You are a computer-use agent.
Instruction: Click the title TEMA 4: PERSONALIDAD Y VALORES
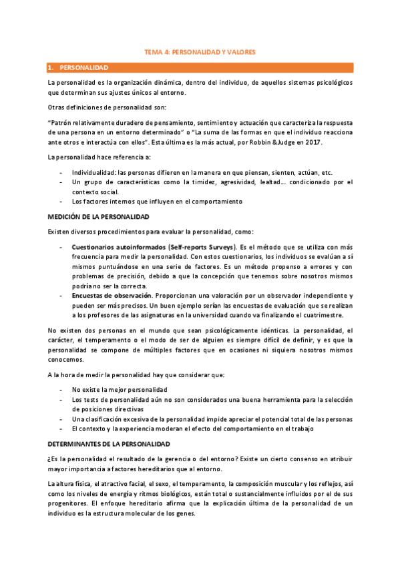click(200, 51)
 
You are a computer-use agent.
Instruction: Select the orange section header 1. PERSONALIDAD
click(83, 67)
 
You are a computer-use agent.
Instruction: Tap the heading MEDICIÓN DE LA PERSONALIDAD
click(98, 218)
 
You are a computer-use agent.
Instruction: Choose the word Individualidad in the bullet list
click(96, 172)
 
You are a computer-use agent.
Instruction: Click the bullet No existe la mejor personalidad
click(119, 389)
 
